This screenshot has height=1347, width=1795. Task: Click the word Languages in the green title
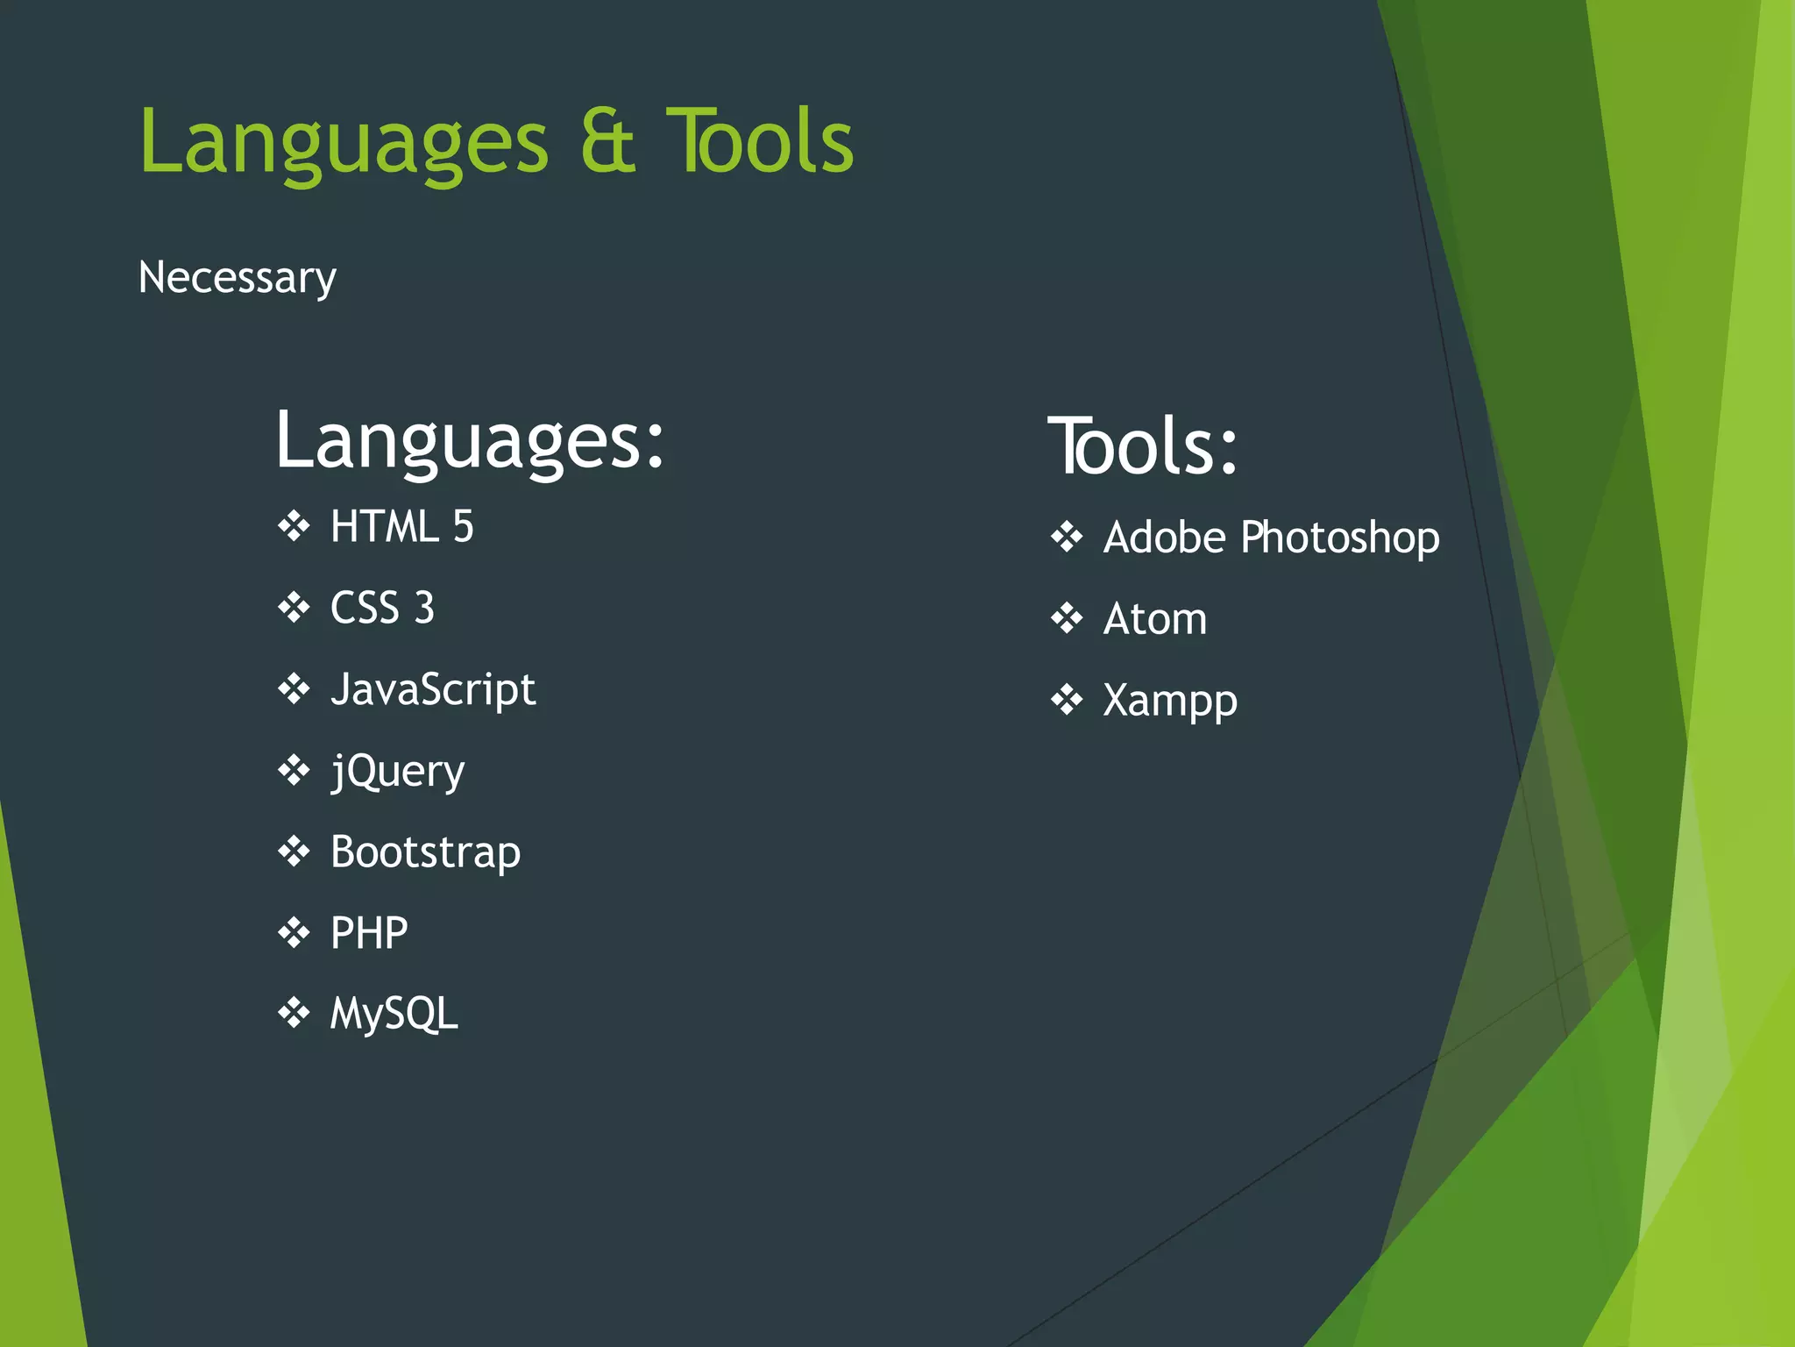tap(344, 143)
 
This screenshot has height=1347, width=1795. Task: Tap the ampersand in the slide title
tap(607, 141)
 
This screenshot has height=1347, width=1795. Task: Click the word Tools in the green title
tap(759, 141)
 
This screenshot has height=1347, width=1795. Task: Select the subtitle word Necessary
tap(237, 278)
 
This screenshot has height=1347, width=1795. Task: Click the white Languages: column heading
tap(470, 440)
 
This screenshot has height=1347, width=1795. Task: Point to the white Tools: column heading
tap(1142, 447)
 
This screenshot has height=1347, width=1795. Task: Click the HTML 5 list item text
tap(401, 527)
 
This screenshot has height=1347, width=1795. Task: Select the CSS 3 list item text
tap(382, 608)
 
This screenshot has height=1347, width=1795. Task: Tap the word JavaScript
tap(432, 689)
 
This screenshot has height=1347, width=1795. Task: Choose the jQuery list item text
tap(397, 772)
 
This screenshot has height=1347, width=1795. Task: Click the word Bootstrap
tap(425, 852)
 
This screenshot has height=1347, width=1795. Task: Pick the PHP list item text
tap(369, 933)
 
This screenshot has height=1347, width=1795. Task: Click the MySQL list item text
tap(394, 1014)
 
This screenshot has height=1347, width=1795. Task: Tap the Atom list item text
tap(1154, 619)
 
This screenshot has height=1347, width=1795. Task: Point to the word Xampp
tap(1169, 701)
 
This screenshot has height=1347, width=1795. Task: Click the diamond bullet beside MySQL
tap(294, 1013)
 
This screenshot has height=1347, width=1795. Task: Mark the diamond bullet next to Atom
tap(1067, 618)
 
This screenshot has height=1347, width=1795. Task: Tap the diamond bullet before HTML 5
tap(294, 526)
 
